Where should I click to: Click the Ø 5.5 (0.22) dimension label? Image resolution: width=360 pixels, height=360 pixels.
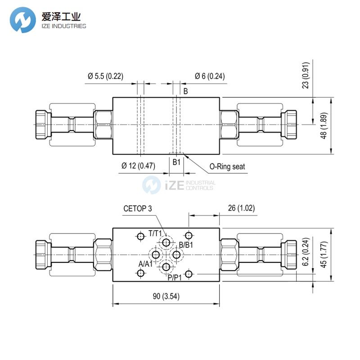point(105,76)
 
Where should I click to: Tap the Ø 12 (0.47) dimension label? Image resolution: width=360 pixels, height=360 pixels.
point(138,166)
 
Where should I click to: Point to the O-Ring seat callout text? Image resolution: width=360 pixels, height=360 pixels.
point(227,166)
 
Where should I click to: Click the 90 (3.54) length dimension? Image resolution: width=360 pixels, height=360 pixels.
point(166,296)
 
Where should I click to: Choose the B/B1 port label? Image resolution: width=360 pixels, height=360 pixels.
point(186,245)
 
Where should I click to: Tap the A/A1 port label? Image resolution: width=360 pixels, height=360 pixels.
point(145,264)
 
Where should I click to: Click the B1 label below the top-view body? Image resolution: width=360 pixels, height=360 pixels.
point(177,161)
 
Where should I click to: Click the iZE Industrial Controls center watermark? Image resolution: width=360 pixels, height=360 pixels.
point(180,185)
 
